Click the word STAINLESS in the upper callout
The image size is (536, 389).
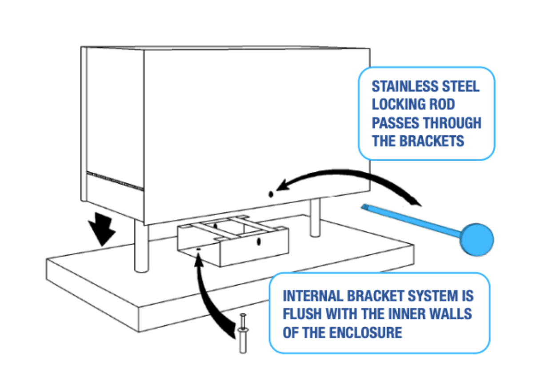pyautogui.click(x=403, y=86)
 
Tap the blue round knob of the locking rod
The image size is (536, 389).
pyautogui.click(x=476, y=239)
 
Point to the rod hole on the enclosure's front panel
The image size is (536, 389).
pyautogui.click(x=270, y=194)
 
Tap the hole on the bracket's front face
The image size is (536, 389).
pyautogui.click(x=258, y=242)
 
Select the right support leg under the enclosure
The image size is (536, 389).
pyautogui.click(x=315, y=218)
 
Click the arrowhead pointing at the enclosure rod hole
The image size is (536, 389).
pyautogui.click(x=281, y=187)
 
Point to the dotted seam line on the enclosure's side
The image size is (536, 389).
pyautogui.click(x=115, y=181)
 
